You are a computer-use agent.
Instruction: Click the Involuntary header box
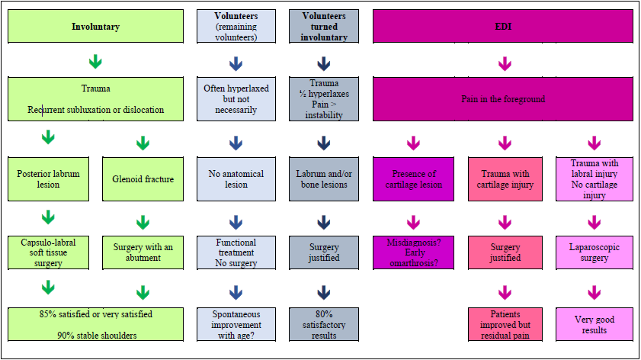tap(95, 26)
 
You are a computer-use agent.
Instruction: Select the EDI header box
tap(503, 26)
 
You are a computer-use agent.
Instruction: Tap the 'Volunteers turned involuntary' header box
tap(324, 26)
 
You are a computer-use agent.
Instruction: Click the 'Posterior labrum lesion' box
tap(48, 179)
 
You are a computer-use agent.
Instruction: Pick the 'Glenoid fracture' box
tap(143, 179)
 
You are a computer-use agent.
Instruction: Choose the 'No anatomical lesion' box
tap(236, 179)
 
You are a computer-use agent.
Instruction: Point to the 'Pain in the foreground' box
tap(503, 98)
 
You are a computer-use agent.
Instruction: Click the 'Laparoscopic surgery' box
tap(595, 252)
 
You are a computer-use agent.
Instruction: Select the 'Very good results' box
tap(595, 325)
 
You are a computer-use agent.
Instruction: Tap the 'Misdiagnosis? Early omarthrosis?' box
tap(413, 252)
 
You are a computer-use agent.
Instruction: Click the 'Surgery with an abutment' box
tap(143, 252)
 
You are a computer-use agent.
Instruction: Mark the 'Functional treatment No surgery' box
tap(236, 252)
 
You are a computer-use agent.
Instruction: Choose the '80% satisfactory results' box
tap(324, 325)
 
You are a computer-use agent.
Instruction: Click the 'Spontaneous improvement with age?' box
tap(236, 325)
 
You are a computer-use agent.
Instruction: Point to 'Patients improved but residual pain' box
tap(504, 325)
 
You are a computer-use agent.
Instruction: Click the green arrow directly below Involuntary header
tap(95, 62)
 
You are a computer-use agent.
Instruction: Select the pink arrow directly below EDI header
tap(504, 63)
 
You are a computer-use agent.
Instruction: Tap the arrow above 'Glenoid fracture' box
tap(143, 143)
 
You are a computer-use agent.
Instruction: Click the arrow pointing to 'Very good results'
tap(595, 291)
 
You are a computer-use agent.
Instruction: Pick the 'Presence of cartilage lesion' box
tap(413, 179)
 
